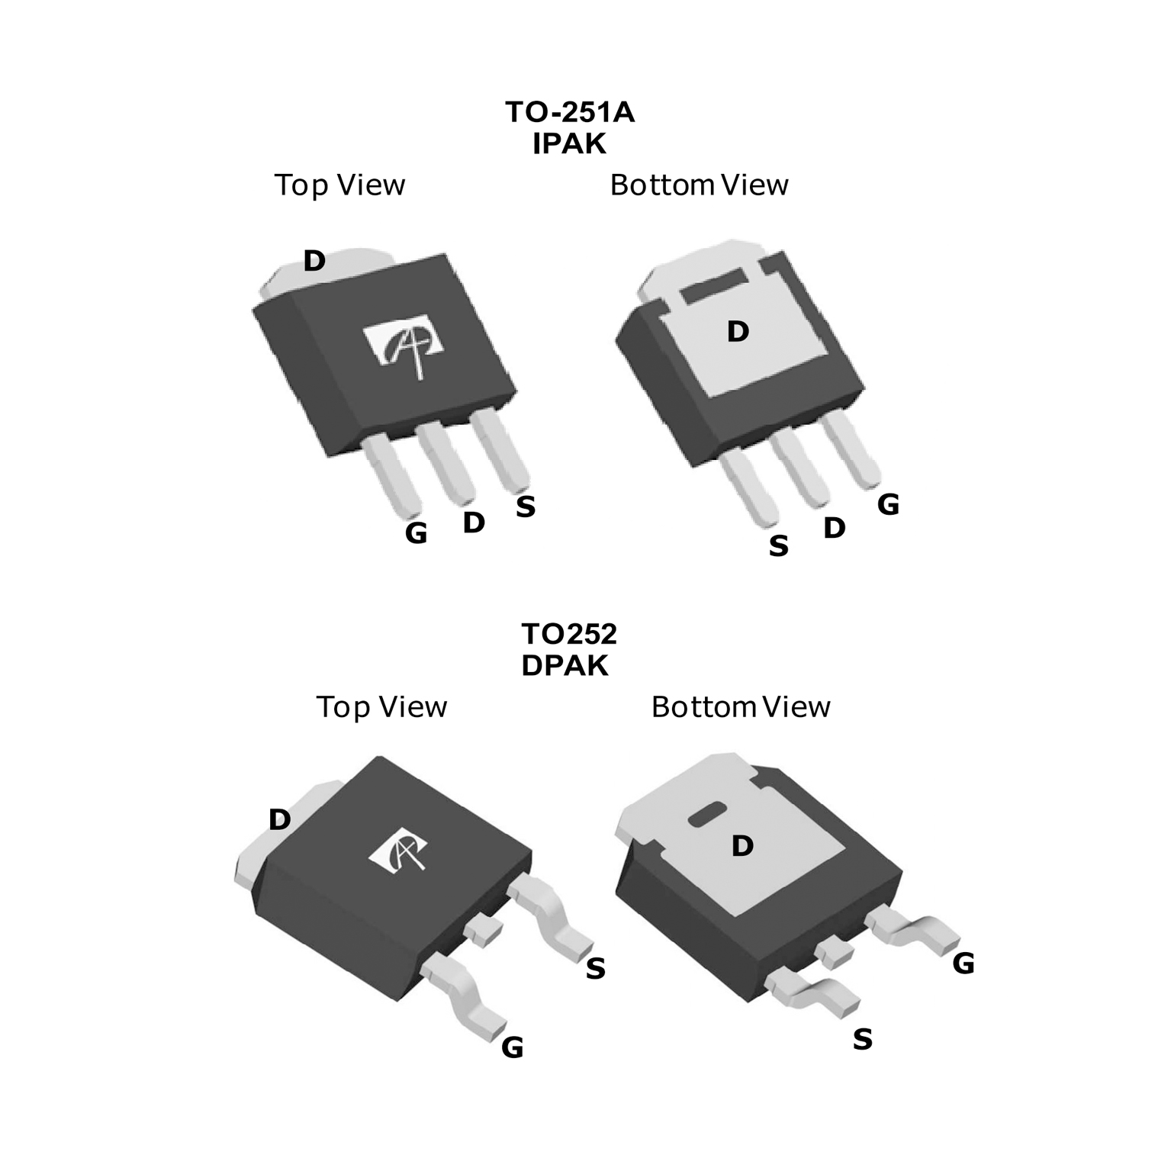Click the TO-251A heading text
[570, 112]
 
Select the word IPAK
[569, 143]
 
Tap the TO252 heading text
[569, 633]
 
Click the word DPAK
[565, 665]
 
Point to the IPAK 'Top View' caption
[339, 185]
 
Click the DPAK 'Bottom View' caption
[741, 707]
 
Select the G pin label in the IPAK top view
[416, 533]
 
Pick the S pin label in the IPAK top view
[526, 507]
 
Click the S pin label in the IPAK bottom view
[778, 546]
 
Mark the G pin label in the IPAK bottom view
[888, 504]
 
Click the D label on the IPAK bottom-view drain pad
[738, 332]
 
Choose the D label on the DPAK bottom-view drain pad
[742, 845]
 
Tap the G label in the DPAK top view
[513, 1047]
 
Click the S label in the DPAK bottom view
[862, 1039]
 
